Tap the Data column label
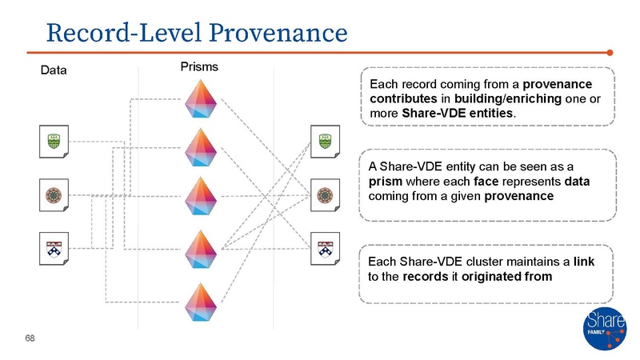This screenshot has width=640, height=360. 54,70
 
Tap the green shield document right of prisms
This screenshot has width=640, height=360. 326,141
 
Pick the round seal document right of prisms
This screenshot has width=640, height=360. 326,194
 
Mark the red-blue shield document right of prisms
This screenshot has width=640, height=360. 326,247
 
